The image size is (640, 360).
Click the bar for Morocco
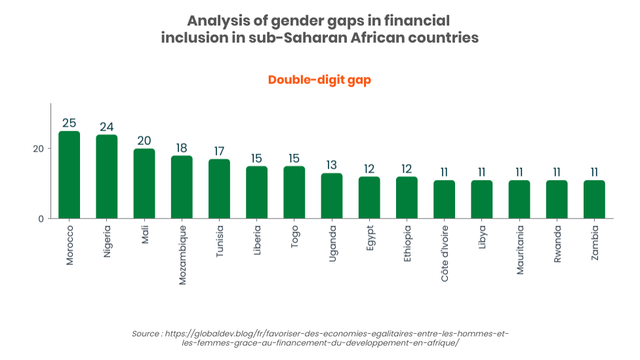click(69, 175)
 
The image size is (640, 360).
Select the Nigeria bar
click(106, 177)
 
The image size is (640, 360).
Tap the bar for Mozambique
click(182, 188)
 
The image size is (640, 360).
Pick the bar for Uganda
click(332, 196)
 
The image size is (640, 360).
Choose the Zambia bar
click(594, 199)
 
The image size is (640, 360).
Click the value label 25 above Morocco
click(69, 123)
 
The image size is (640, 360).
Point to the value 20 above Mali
click(144, 140)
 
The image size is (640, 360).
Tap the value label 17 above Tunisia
click(219, 151)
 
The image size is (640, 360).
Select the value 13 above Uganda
click(332, 165)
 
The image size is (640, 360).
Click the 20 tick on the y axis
click(39, 149)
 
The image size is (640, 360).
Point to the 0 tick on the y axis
click(41, 219)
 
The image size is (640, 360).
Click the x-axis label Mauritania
click(520, 250)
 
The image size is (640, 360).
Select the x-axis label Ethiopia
click(407, 244)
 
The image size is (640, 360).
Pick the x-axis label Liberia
click(257, 241)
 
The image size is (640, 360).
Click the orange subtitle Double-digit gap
click(319, 80)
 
